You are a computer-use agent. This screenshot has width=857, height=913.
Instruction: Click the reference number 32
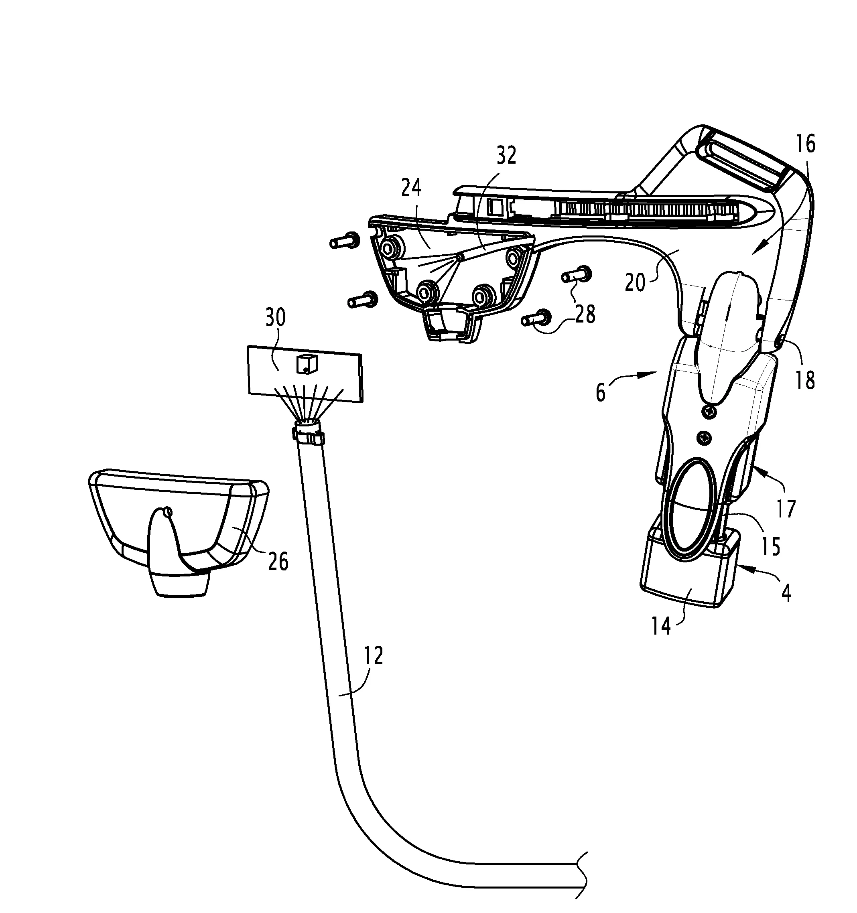(x=506, y=156)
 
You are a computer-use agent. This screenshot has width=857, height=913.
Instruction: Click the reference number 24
(x=411, y=188)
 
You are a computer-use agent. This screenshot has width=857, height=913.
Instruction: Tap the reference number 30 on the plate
(x=275, y=317)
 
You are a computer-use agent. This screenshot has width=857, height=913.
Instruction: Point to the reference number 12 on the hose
(x=374, y=656)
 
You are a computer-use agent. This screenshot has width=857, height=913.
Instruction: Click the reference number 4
(x=786, y=594)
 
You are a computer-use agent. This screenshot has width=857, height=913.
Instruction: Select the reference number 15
(x=770, y=546)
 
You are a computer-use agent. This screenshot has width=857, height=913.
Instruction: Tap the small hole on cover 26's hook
(x=168, y=511)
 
